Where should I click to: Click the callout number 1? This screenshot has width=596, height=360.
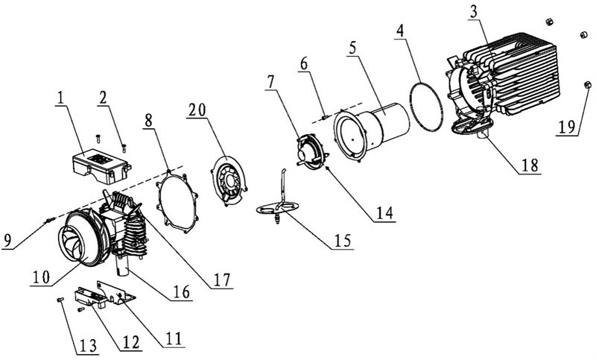[60, 99]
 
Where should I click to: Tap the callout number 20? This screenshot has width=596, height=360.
[197, 110]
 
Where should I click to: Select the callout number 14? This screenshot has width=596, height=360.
[384, 213]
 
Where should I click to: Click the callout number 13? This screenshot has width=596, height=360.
[88, 345]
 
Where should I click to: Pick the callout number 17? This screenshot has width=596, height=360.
[222, 280]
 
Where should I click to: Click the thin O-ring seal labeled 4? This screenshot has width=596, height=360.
[426, 103]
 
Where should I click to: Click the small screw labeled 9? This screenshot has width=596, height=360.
[50, 220]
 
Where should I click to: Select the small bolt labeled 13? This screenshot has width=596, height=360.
[60, 300]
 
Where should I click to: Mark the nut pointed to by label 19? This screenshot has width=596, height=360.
[586, 85]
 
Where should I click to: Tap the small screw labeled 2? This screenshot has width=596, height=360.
[124, 148]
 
